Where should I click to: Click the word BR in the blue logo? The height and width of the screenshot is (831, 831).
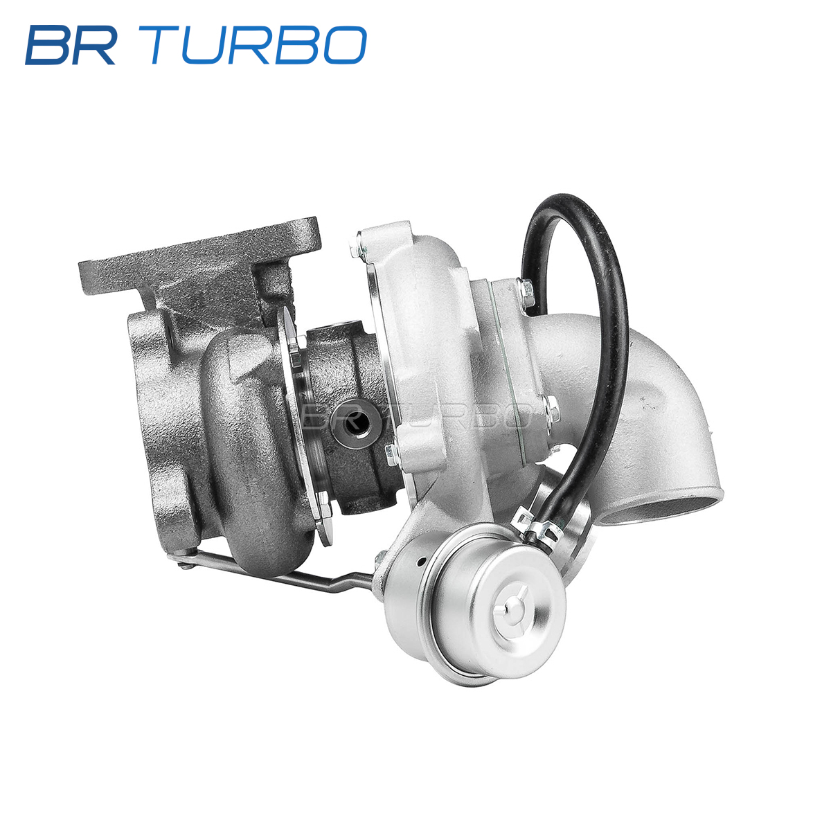point(71,45)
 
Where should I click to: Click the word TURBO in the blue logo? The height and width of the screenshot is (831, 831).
point(258,45)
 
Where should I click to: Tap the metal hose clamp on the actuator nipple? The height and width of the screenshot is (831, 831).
point(539,527)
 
